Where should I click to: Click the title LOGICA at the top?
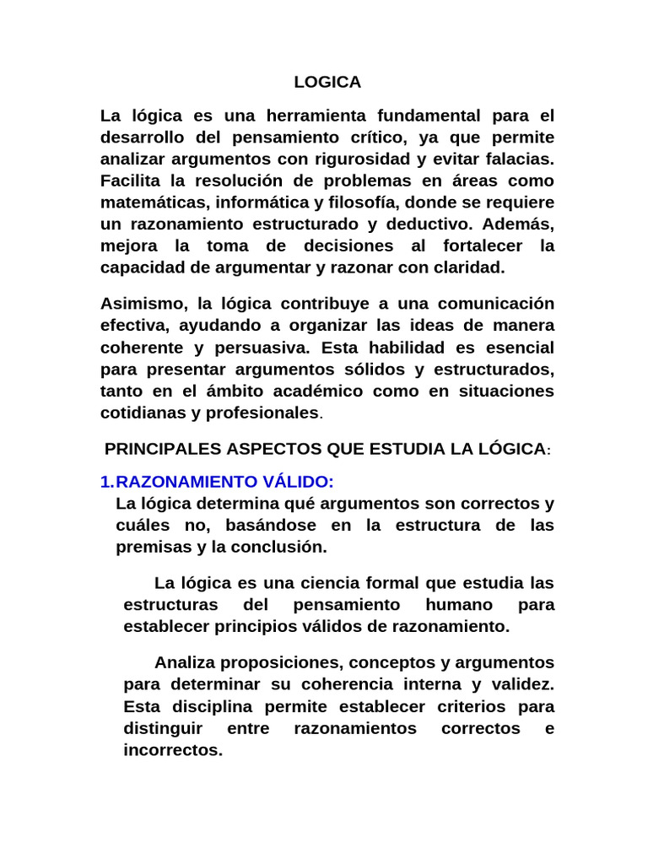pos(327,82)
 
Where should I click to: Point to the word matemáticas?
pos(154,202)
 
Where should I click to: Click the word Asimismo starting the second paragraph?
pos(139,303)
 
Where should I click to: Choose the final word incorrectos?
pos(172,750)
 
